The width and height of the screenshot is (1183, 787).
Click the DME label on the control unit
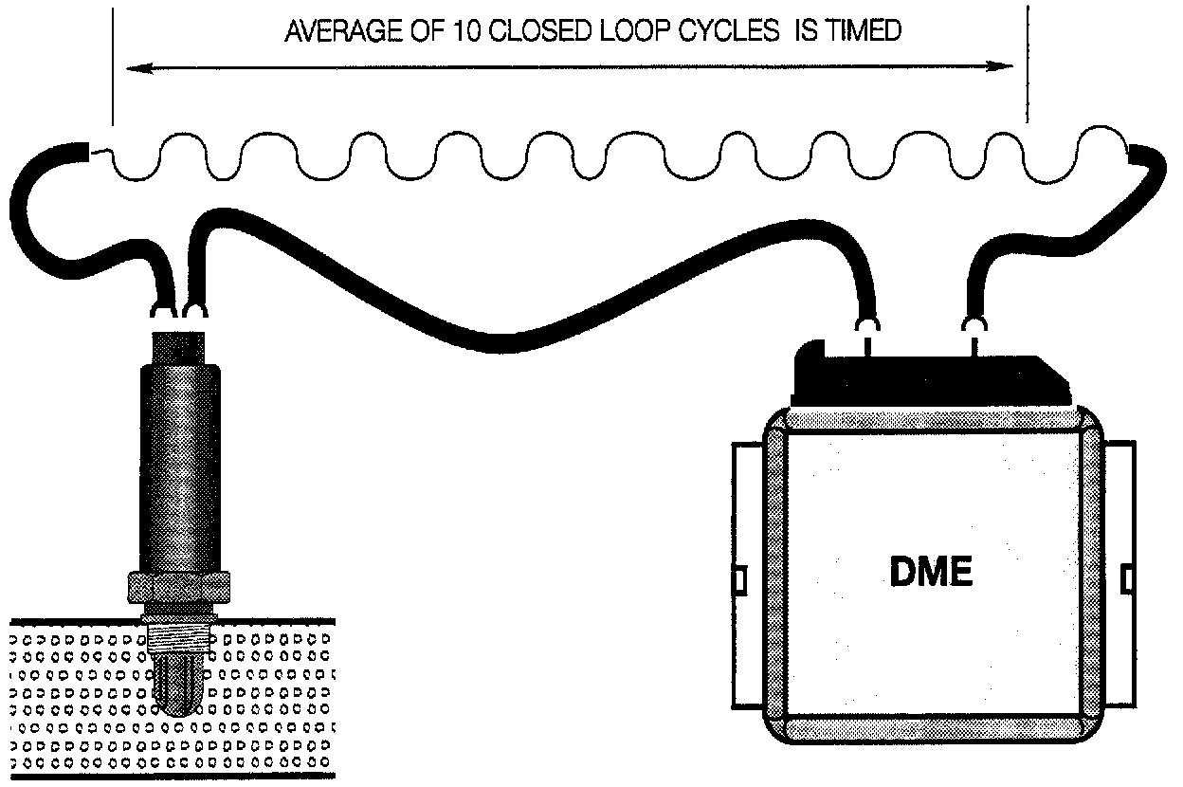[932, 573]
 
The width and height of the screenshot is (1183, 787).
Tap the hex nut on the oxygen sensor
[180, 588]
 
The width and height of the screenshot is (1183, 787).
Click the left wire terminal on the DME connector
[866, 327]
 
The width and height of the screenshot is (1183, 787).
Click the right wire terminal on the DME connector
[974, 327]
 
